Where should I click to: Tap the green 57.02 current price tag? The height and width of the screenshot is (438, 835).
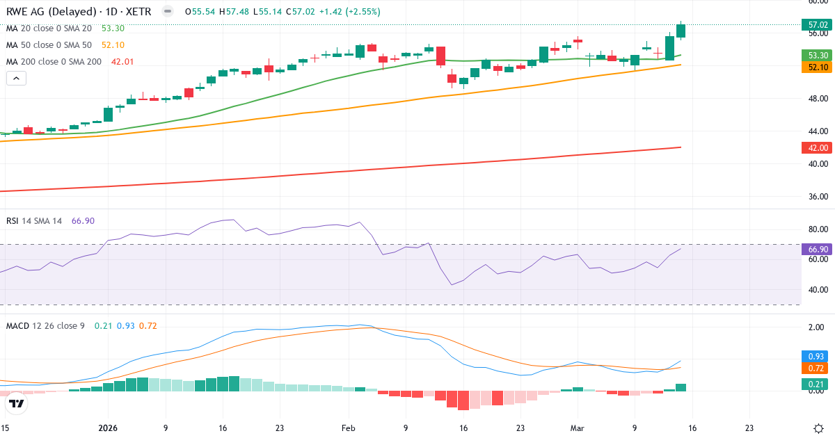click(817, 25)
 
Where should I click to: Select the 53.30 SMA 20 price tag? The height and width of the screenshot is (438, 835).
click(817, 55)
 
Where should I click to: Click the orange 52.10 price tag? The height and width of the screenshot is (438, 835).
click(817, 67)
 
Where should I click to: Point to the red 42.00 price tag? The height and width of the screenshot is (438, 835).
click(817, 147)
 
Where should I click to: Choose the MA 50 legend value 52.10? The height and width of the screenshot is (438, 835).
click(113, 45)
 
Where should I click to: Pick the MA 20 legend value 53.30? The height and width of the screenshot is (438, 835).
click(113, 29)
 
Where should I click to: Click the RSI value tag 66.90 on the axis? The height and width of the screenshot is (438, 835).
click(817, 249)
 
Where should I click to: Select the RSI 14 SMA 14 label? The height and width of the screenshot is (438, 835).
click(34, 221)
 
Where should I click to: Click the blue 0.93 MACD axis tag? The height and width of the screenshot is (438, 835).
click(817, 356)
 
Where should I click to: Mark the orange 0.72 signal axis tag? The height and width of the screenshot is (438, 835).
click(817, 368)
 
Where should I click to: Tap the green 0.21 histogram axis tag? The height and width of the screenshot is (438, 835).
click(817, 384)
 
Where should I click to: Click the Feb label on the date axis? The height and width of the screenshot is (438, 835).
click(349, 429)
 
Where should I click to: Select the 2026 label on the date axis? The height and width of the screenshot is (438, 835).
click(108, 429)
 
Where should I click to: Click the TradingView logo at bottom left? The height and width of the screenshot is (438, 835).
click(17, 403)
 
